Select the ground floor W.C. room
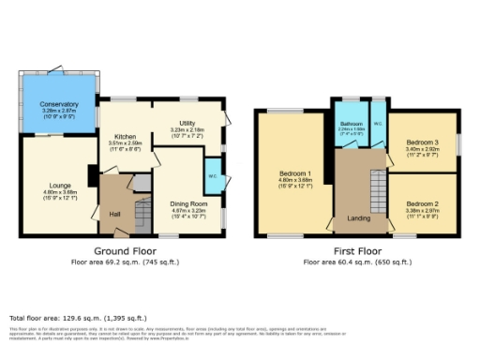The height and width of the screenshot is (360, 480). click(213, 176)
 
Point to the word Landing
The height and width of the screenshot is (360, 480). click(359, 220)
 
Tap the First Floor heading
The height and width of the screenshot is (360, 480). click(358, 251)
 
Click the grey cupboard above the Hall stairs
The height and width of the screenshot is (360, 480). click(142, 184)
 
